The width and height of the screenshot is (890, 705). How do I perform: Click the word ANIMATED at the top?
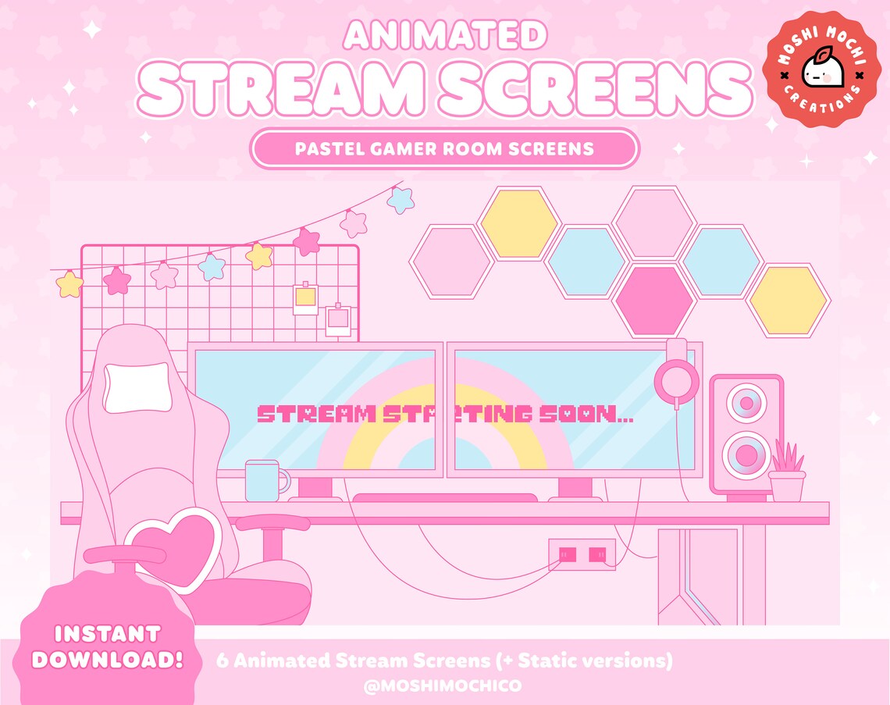(x=445, y=34)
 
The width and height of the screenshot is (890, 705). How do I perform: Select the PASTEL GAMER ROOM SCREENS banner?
(x=444, y=148)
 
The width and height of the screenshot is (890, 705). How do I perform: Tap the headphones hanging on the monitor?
(x=676, y=379)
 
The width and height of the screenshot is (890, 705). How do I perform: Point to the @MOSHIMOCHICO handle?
(x=443, y=685)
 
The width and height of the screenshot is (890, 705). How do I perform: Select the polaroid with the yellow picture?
(x=305, y=298)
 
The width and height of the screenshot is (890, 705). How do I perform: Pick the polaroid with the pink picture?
(x=339, y=319)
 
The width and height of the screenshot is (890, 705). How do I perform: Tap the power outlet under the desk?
(x=582, y=554)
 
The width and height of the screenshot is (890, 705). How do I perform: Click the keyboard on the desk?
(x=445, y=498)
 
